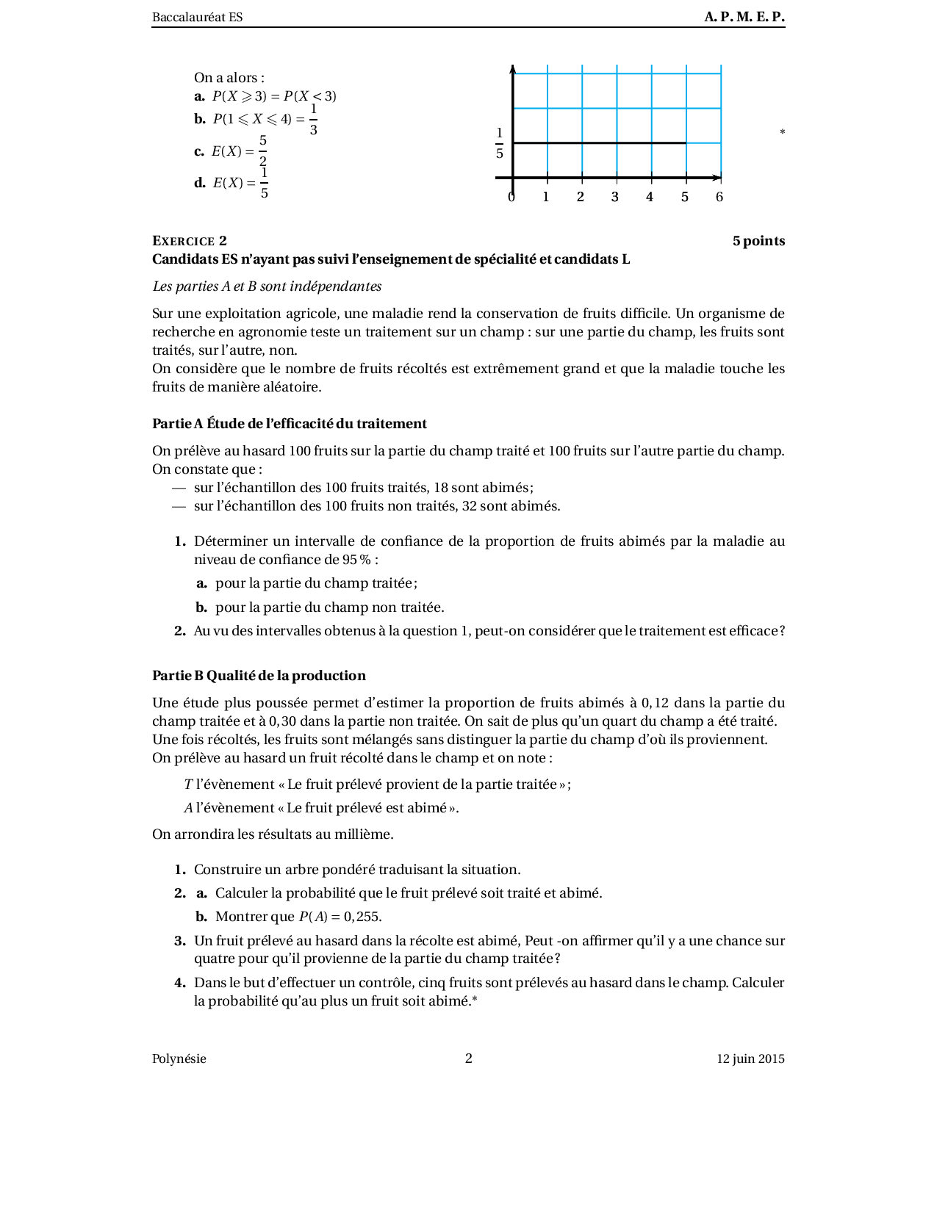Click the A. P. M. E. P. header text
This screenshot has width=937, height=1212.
(744, 17)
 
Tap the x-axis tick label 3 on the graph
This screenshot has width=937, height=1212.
(615, 197)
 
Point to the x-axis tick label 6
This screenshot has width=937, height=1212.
(719, 197)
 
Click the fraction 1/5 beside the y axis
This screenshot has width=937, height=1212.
(500, 143)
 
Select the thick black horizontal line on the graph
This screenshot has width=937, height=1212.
(599, 143)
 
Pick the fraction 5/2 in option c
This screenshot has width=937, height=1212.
(263, 151)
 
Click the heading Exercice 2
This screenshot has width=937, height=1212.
(190, 241)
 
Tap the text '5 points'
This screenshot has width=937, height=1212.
(758, 241)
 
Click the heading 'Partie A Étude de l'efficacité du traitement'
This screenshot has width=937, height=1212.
(290, 424)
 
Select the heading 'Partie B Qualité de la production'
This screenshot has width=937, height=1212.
(259, 676)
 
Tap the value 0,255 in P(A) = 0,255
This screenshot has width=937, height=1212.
(362, 917)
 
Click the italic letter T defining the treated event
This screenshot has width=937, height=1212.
(188, 784)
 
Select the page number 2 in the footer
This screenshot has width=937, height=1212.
(469, 1058)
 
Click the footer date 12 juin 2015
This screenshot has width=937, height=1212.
(750, 1059)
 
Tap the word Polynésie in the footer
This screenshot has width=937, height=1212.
(179, 1059)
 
